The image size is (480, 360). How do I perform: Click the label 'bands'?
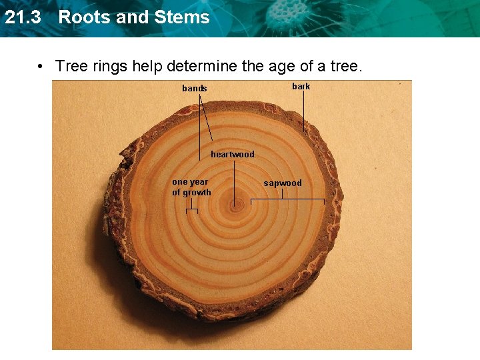[195, 89]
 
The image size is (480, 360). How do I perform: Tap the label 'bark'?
[301, 87]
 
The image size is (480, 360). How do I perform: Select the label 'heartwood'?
[233, 155]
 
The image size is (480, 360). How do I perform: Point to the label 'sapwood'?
[283, 183]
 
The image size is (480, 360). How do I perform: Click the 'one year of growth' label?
[191, 187]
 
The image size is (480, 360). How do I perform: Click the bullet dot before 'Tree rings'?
[42, 67]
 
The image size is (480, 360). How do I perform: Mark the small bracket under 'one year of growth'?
[191, 211]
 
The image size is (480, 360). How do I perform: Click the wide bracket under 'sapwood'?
[287, 200]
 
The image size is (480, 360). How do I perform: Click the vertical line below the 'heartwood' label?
[233, 180]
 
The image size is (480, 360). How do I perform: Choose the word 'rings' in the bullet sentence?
[109, 67]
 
